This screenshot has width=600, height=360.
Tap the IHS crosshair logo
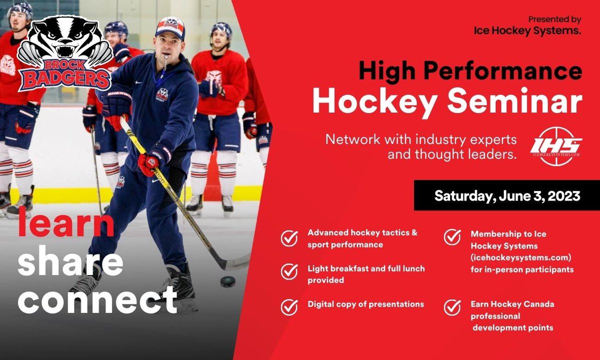tap(556, 145)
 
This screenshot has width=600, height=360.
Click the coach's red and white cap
tap(169, 27)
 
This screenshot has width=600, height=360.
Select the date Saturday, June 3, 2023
tap(507, 195)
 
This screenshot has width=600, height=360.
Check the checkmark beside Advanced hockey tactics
tap(289, 238)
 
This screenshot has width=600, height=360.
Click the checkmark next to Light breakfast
tap(289, 271)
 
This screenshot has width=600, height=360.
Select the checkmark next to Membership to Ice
tap(452, 236)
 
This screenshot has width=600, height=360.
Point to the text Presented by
tap(554, 19)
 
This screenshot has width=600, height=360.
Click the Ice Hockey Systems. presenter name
tap(527, 31)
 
